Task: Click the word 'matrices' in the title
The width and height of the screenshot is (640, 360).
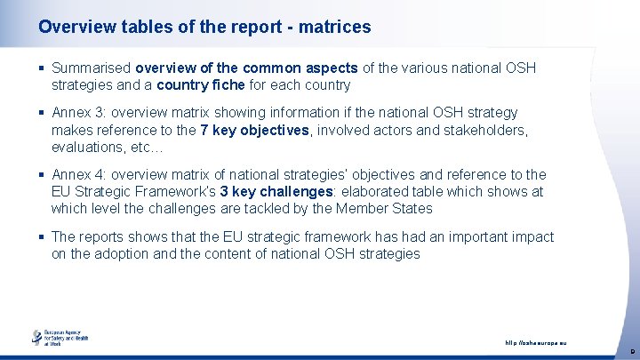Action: [335, 28]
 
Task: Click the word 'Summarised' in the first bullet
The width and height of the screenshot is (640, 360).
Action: [92, 68]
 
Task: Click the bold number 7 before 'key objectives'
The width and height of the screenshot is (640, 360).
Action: [204, 130]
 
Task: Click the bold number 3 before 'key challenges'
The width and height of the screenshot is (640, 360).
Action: [224, 192]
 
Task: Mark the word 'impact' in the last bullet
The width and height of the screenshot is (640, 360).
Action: [531, 237]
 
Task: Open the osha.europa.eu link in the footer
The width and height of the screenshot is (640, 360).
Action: [535, 343]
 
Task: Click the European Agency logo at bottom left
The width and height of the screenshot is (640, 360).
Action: [60, 339]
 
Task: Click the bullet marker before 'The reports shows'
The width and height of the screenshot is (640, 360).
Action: [41, 237]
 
